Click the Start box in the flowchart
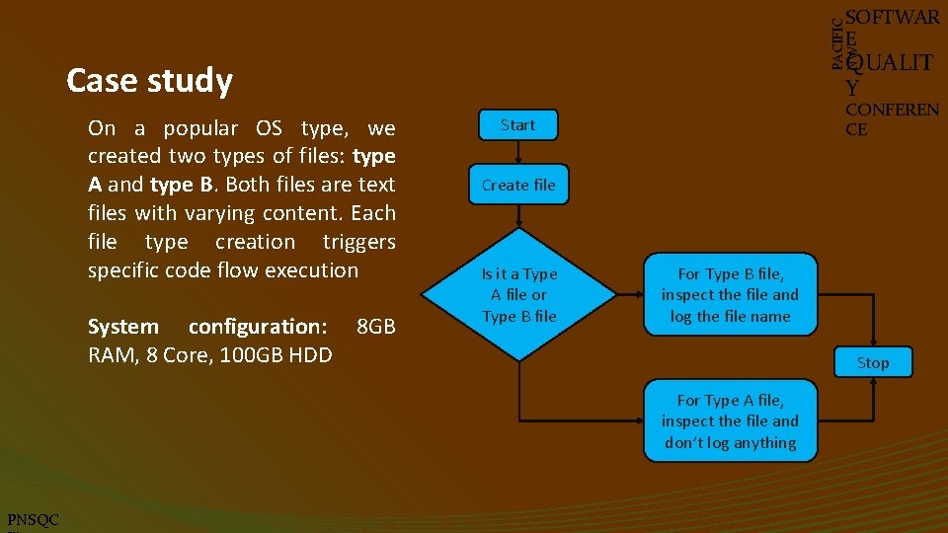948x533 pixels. tap(517, 125)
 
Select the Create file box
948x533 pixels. tap(518, 185)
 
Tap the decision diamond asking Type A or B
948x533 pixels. tap(518, 294)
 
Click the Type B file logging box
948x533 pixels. tap(730, 294)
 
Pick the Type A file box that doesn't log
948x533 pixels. tap(730, 421)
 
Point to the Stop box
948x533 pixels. tap(872, 362)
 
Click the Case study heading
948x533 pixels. tap(149, 81)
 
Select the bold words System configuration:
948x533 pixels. tap(207, 327)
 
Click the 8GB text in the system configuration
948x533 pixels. tap(375, 327)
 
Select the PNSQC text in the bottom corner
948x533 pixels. tap(33, 520)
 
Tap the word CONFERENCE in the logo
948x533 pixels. tap(891, 118)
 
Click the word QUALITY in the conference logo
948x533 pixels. tap(889, 73)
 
